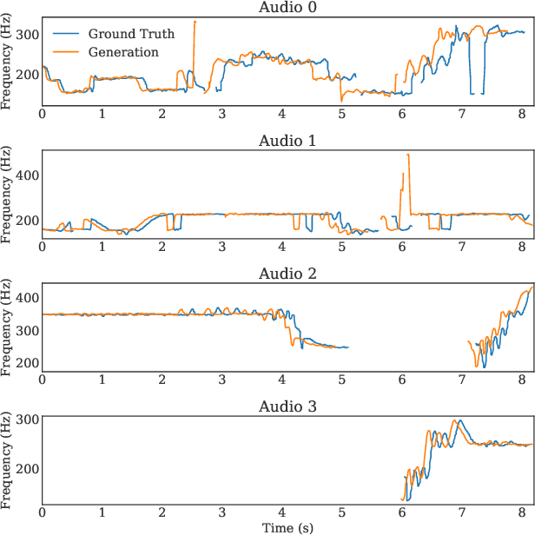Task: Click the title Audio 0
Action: pos(287,8)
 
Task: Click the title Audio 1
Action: pos(287,141)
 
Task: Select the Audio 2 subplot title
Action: pos(287,274)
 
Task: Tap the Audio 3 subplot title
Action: pos(287,406)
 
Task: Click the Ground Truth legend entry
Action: pos(130,34)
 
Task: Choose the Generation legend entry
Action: pos(123,52)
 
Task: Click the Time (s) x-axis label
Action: pos(287,527)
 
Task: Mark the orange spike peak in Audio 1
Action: pos(407,155)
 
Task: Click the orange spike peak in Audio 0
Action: pos(195,22)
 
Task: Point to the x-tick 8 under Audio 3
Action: pos(521,512)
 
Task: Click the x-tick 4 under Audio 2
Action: pos(281,380)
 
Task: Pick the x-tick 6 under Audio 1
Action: pos(401,247)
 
